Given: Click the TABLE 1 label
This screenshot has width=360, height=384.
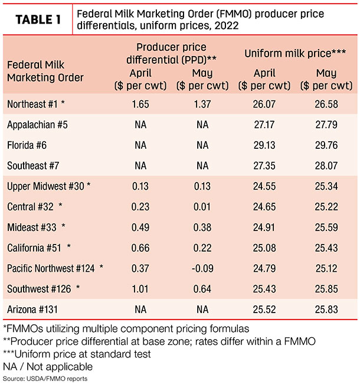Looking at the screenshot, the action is [x=38, y=19].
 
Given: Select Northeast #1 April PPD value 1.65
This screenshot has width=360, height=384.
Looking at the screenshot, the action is [x=140, y=104].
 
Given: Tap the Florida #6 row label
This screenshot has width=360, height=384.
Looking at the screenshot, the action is [x=27, y=145].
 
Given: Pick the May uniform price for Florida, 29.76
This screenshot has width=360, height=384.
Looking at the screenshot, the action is [x=326, y=145].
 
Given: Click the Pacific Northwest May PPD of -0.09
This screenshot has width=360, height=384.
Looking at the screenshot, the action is [x=202, y=268].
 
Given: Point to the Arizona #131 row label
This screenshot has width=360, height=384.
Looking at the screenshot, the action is [x=32, y=310].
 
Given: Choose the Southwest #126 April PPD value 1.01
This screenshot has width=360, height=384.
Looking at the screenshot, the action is [x=140, y=289].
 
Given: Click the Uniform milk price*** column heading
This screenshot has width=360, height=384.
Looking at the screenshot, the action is [x=295, y=53].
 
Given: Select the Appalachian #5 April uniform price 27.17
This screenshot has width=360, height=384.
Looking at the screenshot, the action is [x=264, y=125].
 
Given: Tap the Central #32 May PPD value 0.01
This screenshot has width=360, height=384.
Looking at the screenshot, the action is [x=202, y=207].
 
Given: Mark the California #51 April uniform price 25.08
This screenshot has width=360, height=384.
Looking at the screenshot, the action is [x=264, y=248].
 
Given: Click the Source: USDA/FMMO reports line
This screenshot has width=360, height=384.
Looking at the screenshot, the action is [x=45, y=379].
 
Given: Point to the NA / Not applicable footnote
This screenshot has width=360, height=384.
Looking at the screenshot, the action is [x=48, y=367].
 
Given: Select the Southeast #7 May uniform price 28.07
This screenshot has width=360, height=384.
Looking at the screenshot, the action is [x=326, y=166].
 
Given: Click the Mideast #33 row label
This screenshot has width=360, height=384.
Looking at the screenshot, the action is [x=32, y=227].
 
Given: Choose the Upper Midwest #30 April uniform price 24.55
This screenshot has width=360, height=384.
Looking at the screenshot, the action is [x=264, y=186].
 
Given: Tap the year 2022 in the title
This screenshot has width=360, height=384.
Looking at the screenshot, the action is [x=227, y=25].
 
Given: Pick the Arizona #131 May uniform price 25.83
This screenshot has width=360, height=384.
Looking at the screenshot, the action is [x=326, y=310].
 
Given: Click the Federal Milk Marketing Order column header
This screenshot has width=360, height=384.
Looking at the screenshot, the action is [x=45, y=71].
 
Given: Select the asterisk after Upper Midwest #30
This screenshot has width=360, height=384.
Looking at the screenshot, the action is [x=89, y=184].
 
